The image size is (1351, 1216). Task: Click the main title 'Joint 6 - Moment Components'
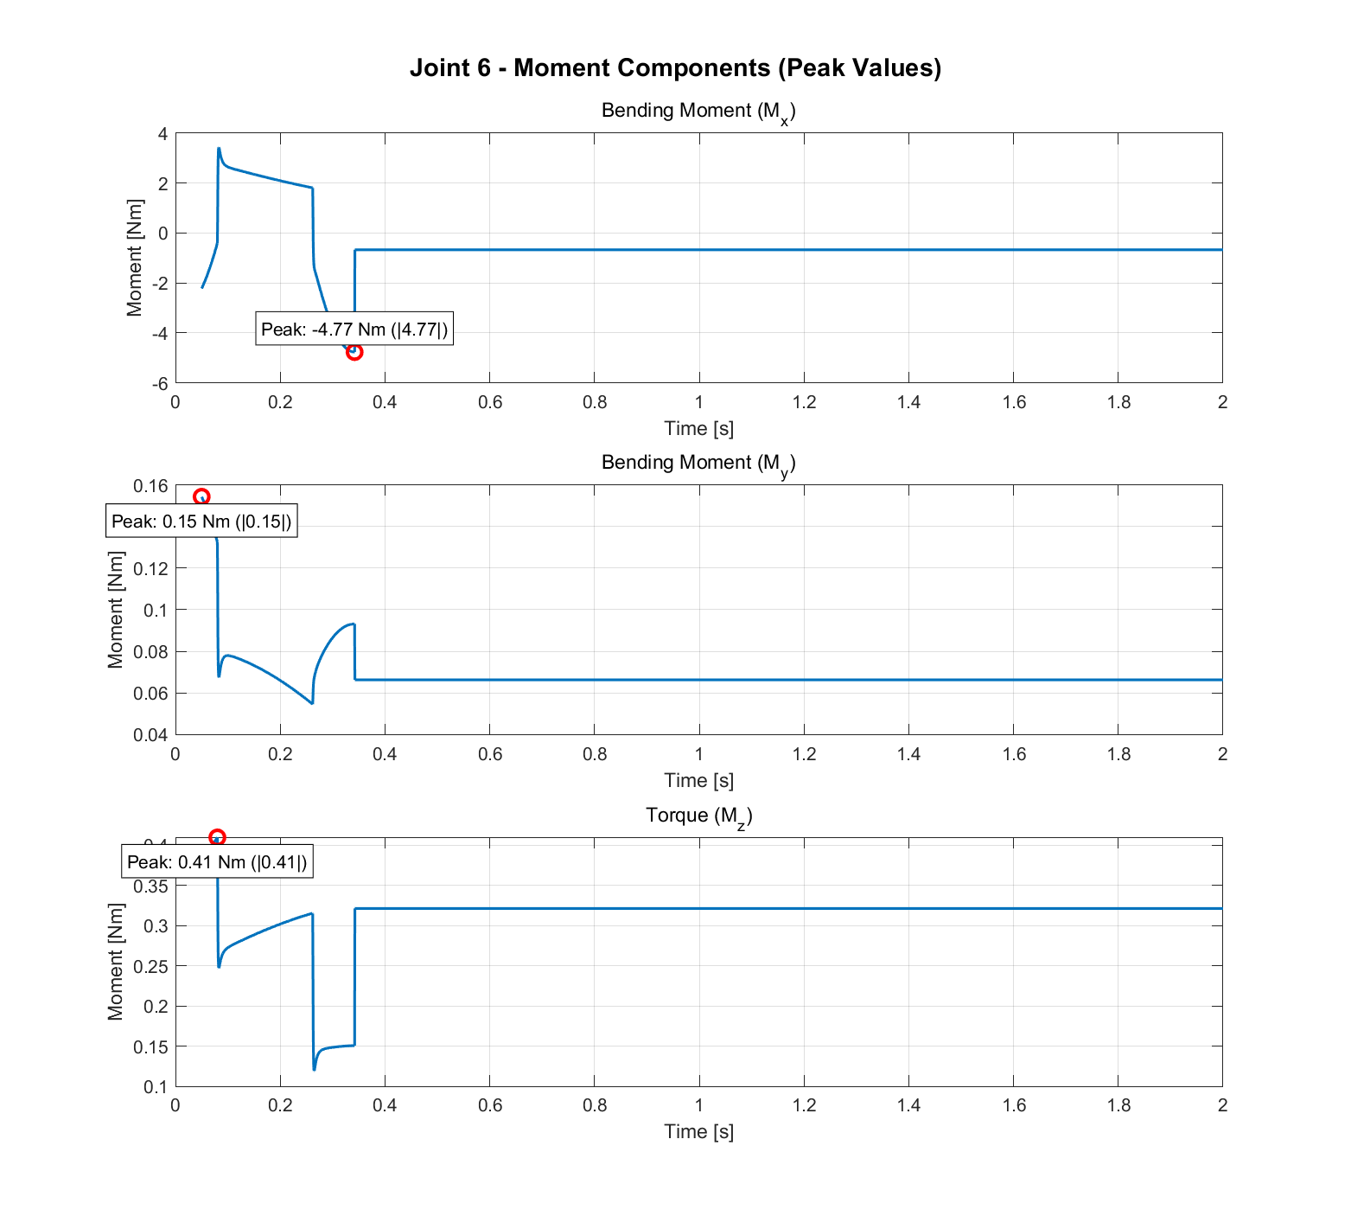point(675,67)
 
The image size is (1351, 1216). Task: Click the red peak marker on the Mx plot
point(354,352)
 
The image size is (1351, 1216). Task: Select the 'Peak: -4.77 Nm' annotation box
point(354,330)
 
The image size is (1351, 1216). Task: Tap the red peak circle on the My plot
point(201,496)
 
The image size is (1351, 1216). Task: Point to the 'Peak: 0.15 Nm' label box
point(201,522)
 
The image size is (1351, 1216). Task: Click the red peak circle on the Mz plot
point(217,837)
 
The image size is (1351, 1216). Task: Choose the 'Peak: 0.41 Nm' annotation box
point(217,862)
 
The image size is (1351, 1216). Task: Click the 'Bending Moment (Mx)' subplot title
point(698,112)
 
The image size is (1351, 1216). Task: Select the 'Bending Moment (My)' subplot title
point(698,464)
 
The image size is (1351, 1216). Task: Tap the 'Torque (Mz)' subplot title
point(698,816)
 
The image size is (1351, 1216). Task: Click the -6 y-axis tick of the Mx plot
point(160,382)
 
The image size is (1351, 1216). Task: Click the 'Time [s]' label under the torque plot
point(698,1131)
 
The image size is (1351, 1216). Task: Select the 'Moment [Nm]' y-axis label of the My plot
point(116,610)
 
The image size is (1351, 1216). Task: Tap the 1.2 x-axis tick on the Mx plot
point(804,402)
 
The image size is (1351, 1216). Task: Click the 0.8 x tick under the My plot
point(595,754)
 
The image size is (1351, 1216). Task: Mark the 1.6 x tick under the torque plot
point(1014,1105)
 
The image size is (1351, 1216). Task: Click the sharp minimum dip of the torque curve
point(314,1069)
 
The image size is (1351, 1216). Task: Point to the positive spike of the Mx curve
point(219,149)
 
